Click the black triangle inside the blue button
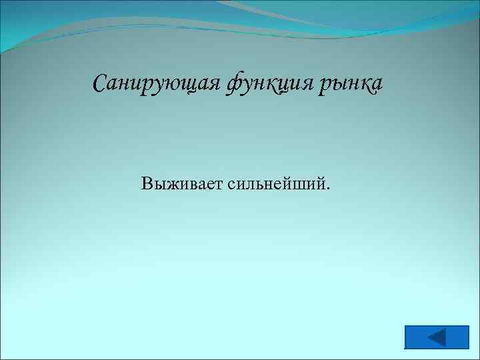click(437, 337)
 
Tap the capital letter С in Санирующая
click(100, 85)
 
